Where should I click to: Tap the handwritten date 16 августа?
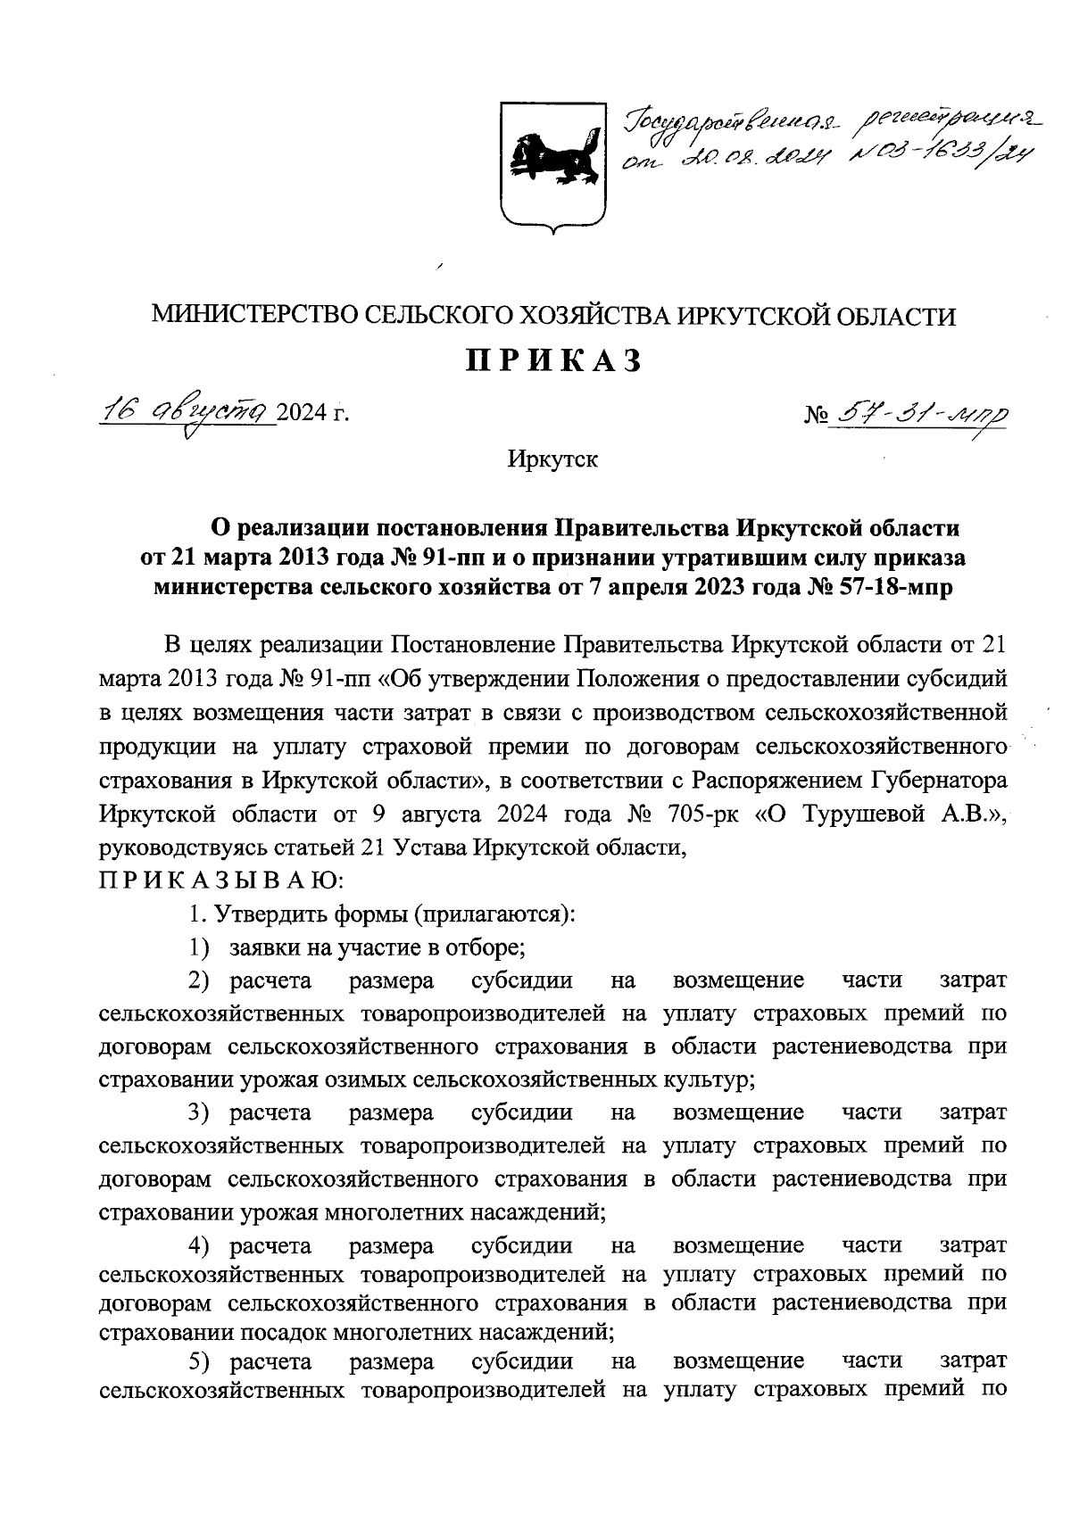(187, 411)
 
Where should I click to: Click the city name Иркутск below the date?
(552, 460)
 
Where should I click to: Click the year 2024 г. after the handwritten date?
(311, 412)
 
